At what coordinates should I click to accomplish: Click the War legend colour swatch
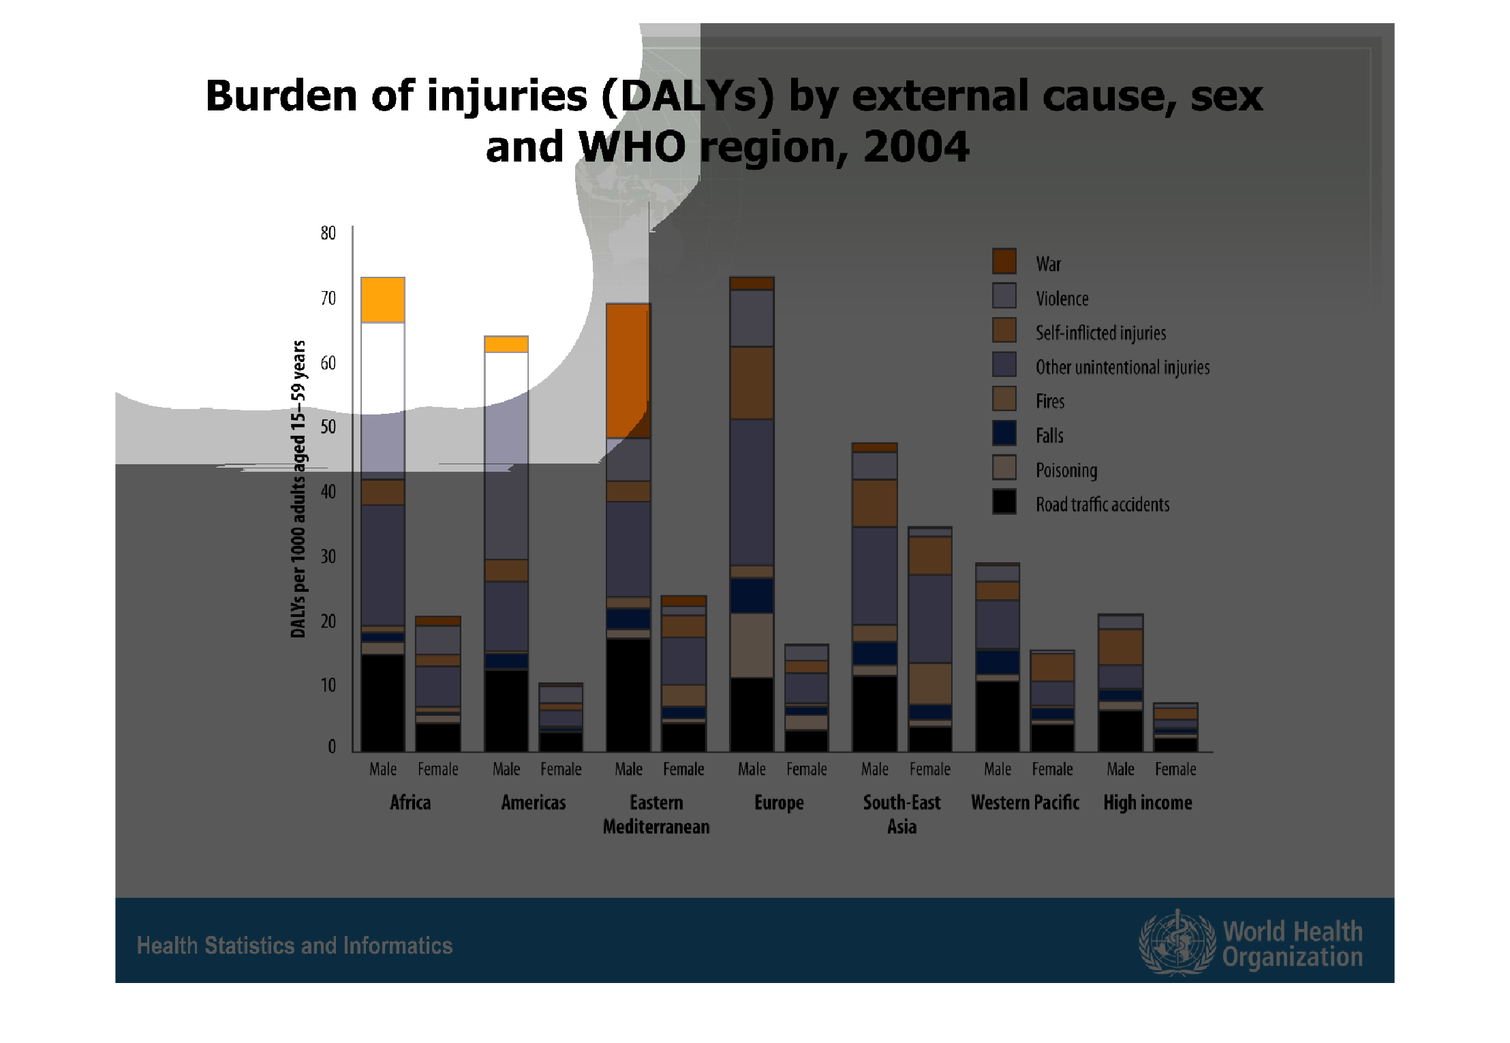coord(1004,262)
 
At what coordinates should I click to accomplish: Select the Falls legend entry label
coord(1049,436)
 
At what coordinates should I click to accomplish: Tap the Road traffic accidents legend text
coord(1102,504)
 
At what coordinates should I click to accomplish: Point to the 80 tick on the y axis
coord(328,233)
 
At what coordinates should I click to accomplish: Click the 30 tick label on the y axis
coord(328,556)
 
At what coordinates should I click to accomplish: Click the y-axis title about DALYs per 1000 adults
coord(298,489)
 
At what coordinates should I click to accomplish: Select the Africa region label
coord(410,802)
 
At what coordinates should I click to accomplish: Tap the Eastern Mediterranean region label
coord(656,814)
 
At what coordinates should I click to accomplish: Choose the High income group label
coord(1147,802)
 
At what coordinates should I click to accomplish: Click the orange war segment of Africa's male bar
coord(383,299)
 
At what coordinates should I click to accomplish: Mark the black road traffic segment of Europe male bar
coord(752,714)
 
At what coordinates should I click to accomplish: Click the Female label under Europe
coord(807,769)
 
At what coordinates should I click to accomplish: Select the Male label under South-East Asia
coord(874,769)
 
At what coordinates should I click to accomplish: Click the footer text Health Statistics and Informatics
coord(294,946)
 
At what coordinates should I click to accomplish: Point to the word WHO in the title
coord(632,147)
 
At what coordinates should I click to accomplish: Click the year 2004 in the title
coord(916,147)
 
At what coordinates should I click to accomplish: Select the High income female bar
coord(1175,727)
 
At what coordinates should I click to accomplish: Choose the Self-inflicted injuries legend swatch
coord(1004,331)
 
